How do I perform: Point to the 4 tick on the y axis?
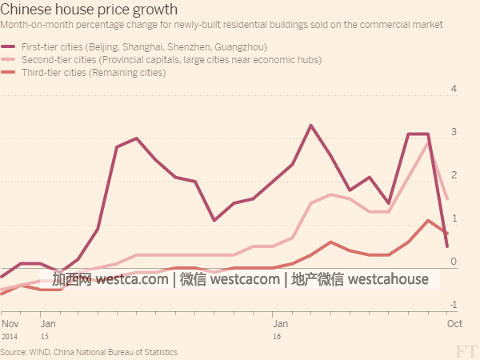point(453,89)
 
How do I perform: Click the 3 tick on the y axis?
point(453,132)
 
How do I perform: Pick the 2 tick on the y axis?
point(453,175)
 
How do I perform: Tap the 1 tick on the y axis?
point(453,218)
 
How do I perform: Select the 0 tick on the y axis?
point(453,262)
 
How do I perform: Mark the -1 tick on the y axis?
point(451,305)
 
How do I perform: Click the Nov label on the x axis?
point(10,324)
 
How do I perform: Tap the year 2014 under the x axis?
point(10,337)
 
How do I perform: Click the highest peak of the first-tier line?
point(310,126)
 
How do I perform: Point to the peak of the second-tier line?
point(428,142)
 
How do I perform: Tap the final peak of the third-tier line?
point(428,220)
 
